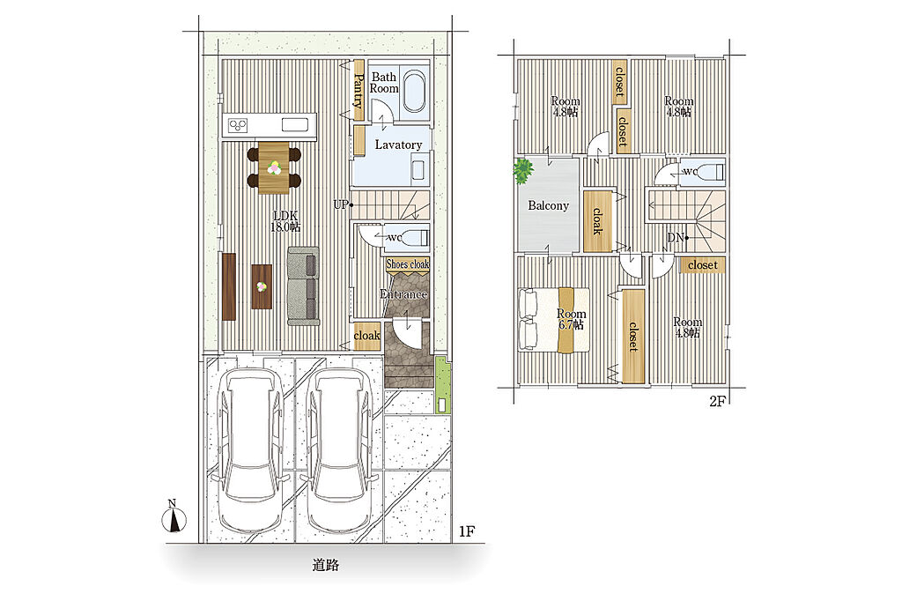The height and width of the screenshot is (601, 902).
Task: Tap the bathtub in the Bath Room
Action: click(x=414, y=92)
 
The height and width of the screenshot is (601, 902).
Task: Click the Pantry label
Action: click(x=359, y=91)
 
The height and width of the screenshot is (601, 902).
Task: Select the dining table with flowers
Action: click(x=274, y=167)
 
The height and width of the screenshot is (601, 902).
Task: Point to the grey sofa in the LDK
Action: click(x=303, y=286)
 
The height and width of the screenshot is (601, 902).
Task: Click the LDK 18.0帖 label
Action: click(x=285, y=221)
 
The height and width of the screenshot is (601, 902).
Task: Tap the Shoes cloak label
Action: click(x=407, y=264)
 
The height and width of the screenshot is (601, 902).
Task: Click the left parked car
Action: click(x=251, y=450)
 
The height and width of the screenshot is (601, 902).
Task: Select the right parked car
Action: click(x=338, y=450)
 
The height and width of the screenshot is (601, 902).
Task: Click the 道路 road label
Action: click(x=326, y=565)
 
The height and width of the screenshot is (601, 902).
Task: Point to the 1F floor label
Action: click(x=467, y=531)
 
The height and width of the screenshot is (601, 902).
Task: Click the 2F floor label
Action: click(x=717, y=402)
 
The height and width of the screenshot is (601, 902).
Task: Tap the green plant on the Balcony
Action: click(x=523, y=171)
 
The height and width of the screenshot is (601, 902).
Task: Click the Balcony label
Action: click(x=548, y=205)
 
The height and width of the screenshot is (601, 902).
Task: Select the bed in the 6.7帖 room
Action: click(x=554, y=320)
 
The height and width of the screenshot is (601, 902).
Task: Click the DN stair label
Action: click(x=675, y=237)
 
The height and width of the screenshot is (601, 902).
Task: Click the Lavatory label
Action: click(x=398, y=145)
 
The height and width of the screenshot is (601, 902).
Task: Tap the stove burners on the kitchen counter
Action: click(x=238, y=125)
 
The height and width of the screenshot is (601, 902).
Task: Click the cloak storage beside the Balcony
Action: click(x=597, y=221)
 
